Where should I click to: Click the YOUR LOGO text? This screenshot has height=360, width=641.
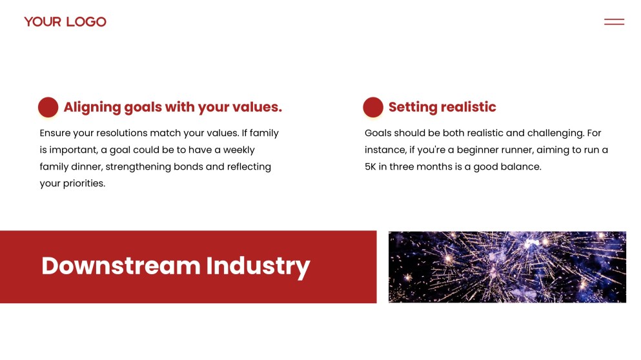[x=65, y=22]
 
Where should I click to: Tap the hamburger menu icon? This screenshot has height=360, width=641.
[x=614, y=22]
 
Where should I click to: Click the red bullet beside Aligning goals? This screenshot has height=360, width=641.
[x=48, y=107]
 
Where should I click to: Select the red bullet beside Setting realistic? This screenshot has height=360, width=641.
[x=373, y=107]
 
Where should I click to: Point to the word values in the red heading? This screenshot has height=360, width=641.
[x=257, y=107]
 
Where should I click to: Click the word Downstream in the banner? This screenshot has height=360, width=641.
[x=121, y=266]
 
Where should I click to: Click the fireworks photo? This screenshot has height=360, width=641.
[x=507, y=267]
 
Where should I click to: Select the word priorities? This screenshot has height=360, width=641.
[x=84, y=183]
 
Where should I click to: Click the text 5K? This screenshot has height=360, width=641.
[x=371, y=166]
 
